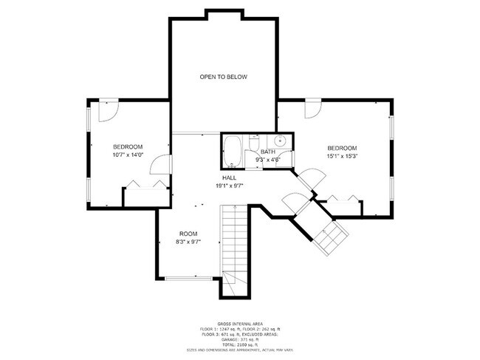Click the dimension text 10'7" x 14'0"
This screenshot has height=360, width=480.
(128, 155)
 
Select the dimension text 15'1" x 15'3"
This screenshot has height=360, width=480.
(342, 156)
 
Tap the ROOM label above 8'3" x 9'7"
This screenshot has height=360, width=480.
(188, 234)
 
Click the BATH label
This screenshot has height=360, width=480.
(267, 152)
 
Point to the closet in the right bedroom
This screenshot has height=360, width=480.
(343, 206)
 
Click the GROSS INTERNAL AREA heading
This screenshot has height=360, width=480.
(239, 322)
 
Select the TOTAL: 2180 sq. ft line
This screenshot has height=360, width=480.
(239, 344)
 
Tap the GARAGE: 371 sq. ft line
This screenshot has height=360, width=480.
(239, 339)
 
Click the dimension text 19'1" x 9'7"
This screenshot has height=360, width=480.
(229, 186)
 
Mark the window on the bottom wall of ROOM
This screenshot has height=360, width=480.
(187, 278)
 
